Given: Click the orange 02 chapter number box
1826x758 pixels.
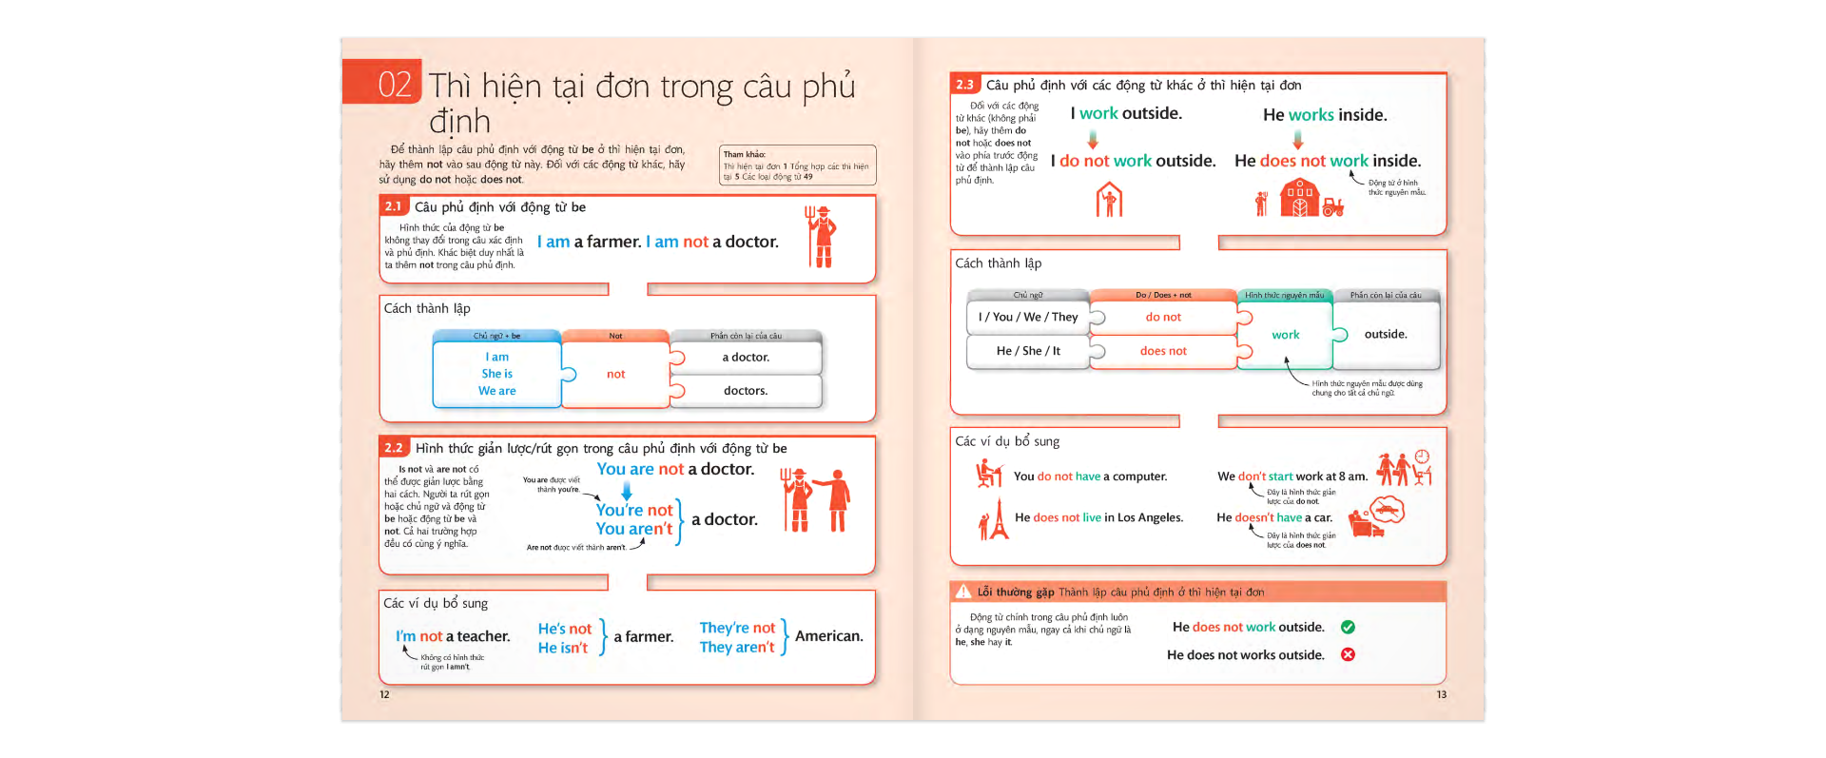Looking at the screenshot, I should (x=382, y=83).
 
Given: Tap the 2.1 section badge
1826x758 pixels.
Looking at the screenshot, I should (x=393, y=206).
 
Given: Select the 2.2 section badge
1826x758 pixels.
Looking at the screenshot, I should (x=394, y=448).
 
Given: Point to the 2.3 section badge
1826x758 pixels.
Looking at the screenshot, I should (x=964, y=85).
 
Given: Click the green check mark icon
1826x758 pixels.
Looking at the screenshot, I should (x=1348, y=627).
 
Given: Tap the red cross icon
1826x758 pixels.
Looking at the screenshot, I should (x=1348, y=654).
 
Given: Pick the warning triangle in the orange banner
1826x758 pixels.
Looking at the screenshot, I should (x=963, y=592).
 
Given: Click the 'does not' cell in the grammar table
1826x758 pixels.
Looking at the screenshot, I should (x=1163, y=351).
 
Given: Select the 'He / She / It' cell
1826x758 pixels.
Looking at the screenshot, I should (x=1028, y=351).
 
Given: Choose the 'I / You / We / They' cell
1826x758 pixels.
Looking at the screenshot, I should (x=1028, y=317).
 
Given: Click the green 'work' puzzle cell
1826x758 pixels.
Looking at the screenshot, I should (x=1285, y=335).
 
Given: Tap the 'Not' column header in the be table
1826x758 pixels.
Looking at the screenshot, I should (x=615, y=336).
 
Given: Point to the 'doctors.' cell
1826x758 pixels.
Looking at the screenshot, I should (x=746, y=391).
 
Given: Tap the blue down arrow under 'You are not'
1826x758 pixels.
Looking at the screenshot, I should (x=626, y=490).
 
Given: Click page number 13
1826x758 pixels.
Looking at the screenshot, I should (x=1441, y=694).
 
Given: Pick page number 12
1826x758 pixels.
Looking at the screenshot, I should (x=384, y=694).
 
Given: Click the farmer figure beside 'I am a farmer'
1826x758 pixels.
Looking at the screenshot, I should (x=822, y=237).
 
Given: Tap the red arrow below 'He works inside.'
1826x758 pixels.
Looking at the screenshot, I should (x=1298, y=140).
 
